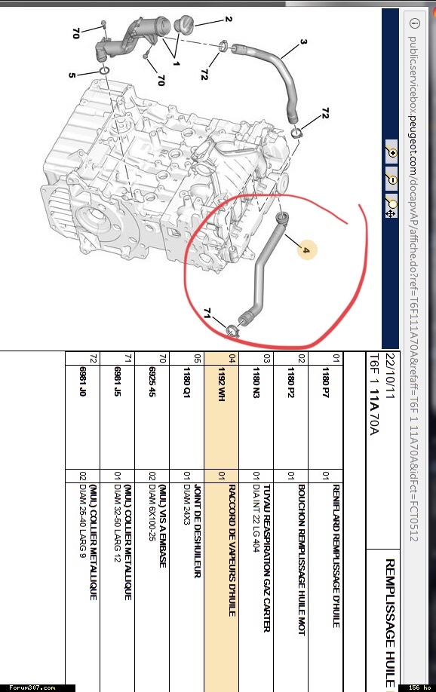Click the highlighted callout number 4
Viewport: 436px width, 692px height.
306,250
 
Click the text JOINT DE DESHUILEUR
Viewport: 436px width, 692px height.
198,531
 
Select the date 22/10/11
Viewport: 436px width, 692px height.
390,376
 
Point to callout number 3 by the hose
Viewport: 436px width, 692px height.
303,42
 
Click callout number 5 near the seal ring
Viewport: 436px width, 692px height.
72,75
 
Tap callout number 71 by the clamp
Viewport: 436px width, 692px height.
207,313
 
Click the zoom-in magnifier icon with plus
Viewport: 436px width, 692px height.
391,152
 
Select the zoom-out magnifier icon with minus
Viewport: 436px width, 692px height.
391,179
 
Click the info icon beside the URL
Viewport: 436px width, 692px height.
415,23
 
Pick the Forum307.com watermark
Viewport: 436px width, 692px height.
32,687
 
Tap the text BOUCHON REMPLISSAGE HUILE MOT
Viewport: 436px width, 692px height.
302,560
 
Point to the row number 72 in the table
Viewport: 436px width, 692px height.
93,358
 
